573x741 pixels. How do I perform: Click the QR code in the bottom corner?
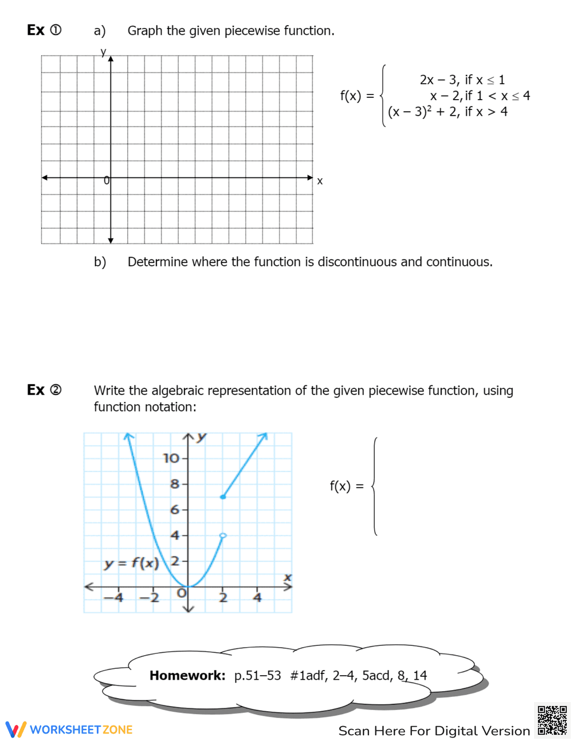click(552, 720)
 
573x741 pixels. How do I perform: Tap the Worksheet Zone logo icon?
click(15, 729)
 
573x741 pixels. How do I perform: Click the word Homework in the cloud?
click(187, 676)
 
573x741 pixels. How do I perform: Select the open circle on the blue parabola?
click(223, 535)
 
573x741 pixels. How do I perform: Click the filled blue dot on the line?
click(223, 496)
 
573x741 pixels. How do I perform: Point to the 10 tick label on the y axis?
click(171, 458)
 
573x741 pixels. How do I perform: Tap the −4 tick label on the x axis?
click(113, 598)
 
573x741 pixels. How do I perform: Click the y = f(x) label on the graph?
click(131, 563)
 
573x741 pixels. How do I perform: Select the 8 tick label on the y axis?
click(175, 484)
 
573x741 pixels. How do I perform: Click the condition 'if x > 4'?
click(486, 112)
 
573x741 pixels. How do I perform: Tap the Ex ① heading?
click(44, 30)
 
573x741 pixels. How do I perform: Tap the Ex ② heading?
click(44, 390)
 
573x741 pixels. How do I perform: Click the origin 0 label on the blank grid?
click(106, 181)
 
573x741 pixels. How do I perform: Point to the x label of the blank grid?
click(320, 181)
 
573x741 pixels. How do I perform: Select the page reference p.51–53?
click(257, 676)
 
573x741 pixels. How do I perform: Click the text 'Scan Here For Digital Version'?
click(434, 731)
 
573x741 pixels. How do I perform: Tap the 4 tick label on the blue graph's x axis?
click(258, 598)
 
